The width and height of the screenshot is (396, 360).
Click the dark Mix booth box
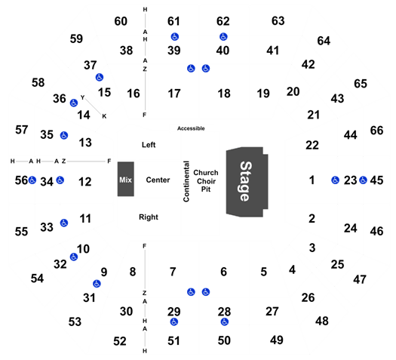126,179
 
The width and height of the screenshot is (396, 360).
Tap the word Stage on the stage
246,181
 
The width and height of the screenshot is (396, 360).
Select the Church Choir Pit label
206,181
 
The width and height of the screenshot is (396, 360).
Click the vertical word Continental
186,181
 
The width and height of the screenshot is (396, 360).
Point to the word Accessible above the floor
191,128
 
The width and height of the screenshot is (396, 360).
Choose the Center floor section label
158,180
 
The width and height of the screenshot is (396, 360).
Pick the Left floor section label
149,145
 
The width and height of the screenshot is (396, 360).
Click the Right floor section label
149,217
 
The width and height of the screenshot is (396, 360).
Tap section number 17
174,94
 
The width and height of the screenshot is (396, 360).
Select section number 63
278,20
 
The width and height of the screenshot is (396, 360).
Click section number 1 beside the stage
312,180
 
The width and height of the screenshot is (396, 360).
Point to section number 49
277,340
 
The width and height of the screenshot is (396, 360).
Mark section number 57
21,130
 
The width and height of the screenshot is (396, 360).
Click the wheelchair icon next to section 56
32,180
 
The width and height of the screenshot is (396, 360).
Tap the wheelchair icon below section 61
175,37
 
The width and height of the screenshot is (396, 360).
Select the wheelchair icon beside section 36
74,103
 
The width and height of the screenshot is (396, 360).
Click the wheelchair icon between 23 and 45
363,180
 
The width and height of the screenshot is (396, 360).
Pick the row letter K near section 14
104,116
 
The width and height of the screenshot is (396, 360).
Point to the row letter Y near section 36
82,97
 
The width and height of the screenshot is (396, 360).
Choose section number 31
90,298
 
